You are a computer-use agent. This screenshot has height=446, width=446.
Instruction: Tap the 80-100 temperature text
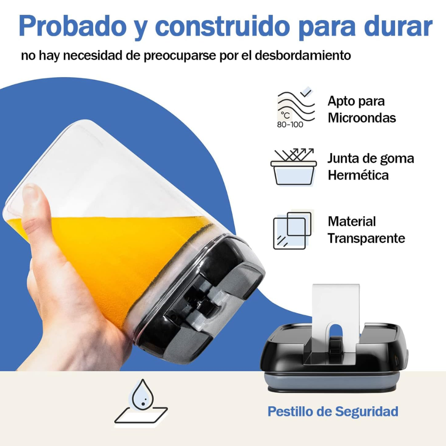tap(290, 124)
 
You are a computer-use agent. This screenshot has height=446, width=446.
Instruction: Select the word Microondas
tap(362, 118)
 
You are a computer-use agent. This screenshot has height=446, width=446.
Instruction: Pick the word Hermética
tap(358, 175)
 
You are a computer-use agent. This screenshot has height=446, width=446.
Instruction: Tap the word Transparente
tap(366, 238)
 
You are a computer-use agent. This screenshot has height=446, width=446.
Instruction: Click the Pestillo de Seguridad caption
tap(333, 411)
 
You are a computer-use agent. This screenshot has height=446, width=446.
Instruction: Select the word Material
tap(352, 221)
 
